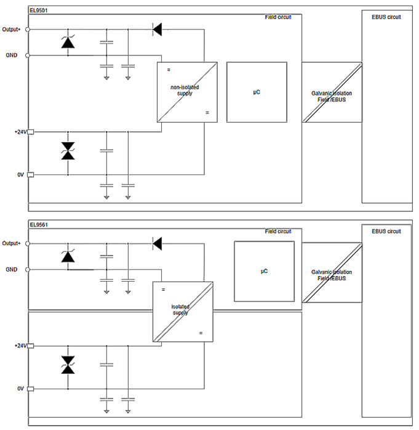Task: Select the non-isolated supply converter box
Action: (187, 91)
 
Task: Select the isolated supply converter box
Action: (183, 312)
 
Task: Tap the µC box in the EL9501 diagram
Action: (257, 92)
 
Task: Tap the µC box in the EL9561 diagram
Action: (264, 271)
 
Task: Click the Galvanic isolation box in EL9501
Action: (332, 92)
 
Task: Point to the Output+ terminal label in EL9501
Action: (11, 29)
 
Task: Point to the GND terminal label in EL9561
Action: (12, 270)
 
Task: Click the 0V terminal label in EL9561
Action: (21, 389)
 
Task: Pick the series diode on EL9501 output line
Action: (158, 28)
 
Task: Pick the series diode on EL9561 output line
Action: (158, 244)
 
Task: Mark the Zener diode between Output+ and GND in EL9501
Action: (68, 42)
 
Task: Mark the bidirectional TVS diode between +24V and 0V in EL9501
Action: (68, 151)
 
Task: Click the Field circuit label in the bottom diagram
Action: (279, 232)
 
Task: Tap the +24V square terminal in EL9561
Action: (30, 346)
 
